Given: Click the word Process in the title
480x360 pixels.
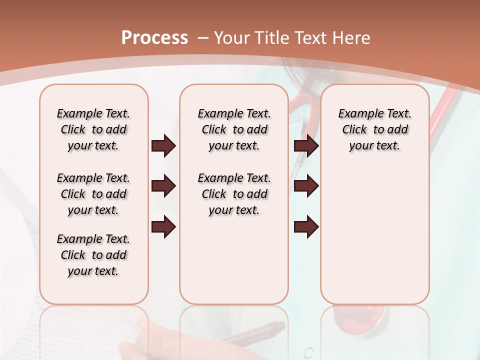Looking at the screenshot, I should tap(155, 37).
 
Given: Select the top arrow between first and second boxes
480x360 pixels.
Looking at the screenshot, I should tap(163, 146).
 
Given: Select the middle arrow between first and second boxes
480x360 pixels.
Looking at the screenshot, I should tap(163, 186).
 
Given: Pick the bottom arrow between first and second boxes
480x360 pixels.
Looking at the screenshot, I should tap(163, 226).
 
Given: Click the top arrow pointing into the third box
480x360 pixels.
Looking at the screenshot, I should tap(306, 146).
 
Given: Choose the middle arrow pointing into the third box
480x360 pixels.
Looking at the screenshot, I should tap(306, 186).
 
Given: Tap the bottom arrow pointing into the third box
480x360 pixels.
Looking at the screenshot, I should tap(306, 226).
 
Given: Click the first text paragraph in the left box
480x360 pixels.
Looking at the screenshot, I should tap(93, 129).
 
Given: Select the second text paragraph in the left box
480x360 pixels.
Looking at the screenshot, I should tap(93, 194).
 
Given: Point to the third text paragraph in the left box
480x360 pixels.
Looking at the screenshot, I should tap(93, 255).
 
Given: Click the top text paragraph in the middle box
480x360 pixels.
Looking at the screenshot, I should tap(234, 129).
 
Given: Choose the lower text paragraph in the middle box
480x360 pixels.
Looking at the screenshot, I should tap(234, 194).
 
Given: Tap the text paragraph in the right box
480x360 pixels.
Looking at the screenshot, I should tap(374, 129).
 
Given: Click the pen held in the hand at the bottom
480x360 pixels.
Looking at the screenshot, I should tap(260, 332).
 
